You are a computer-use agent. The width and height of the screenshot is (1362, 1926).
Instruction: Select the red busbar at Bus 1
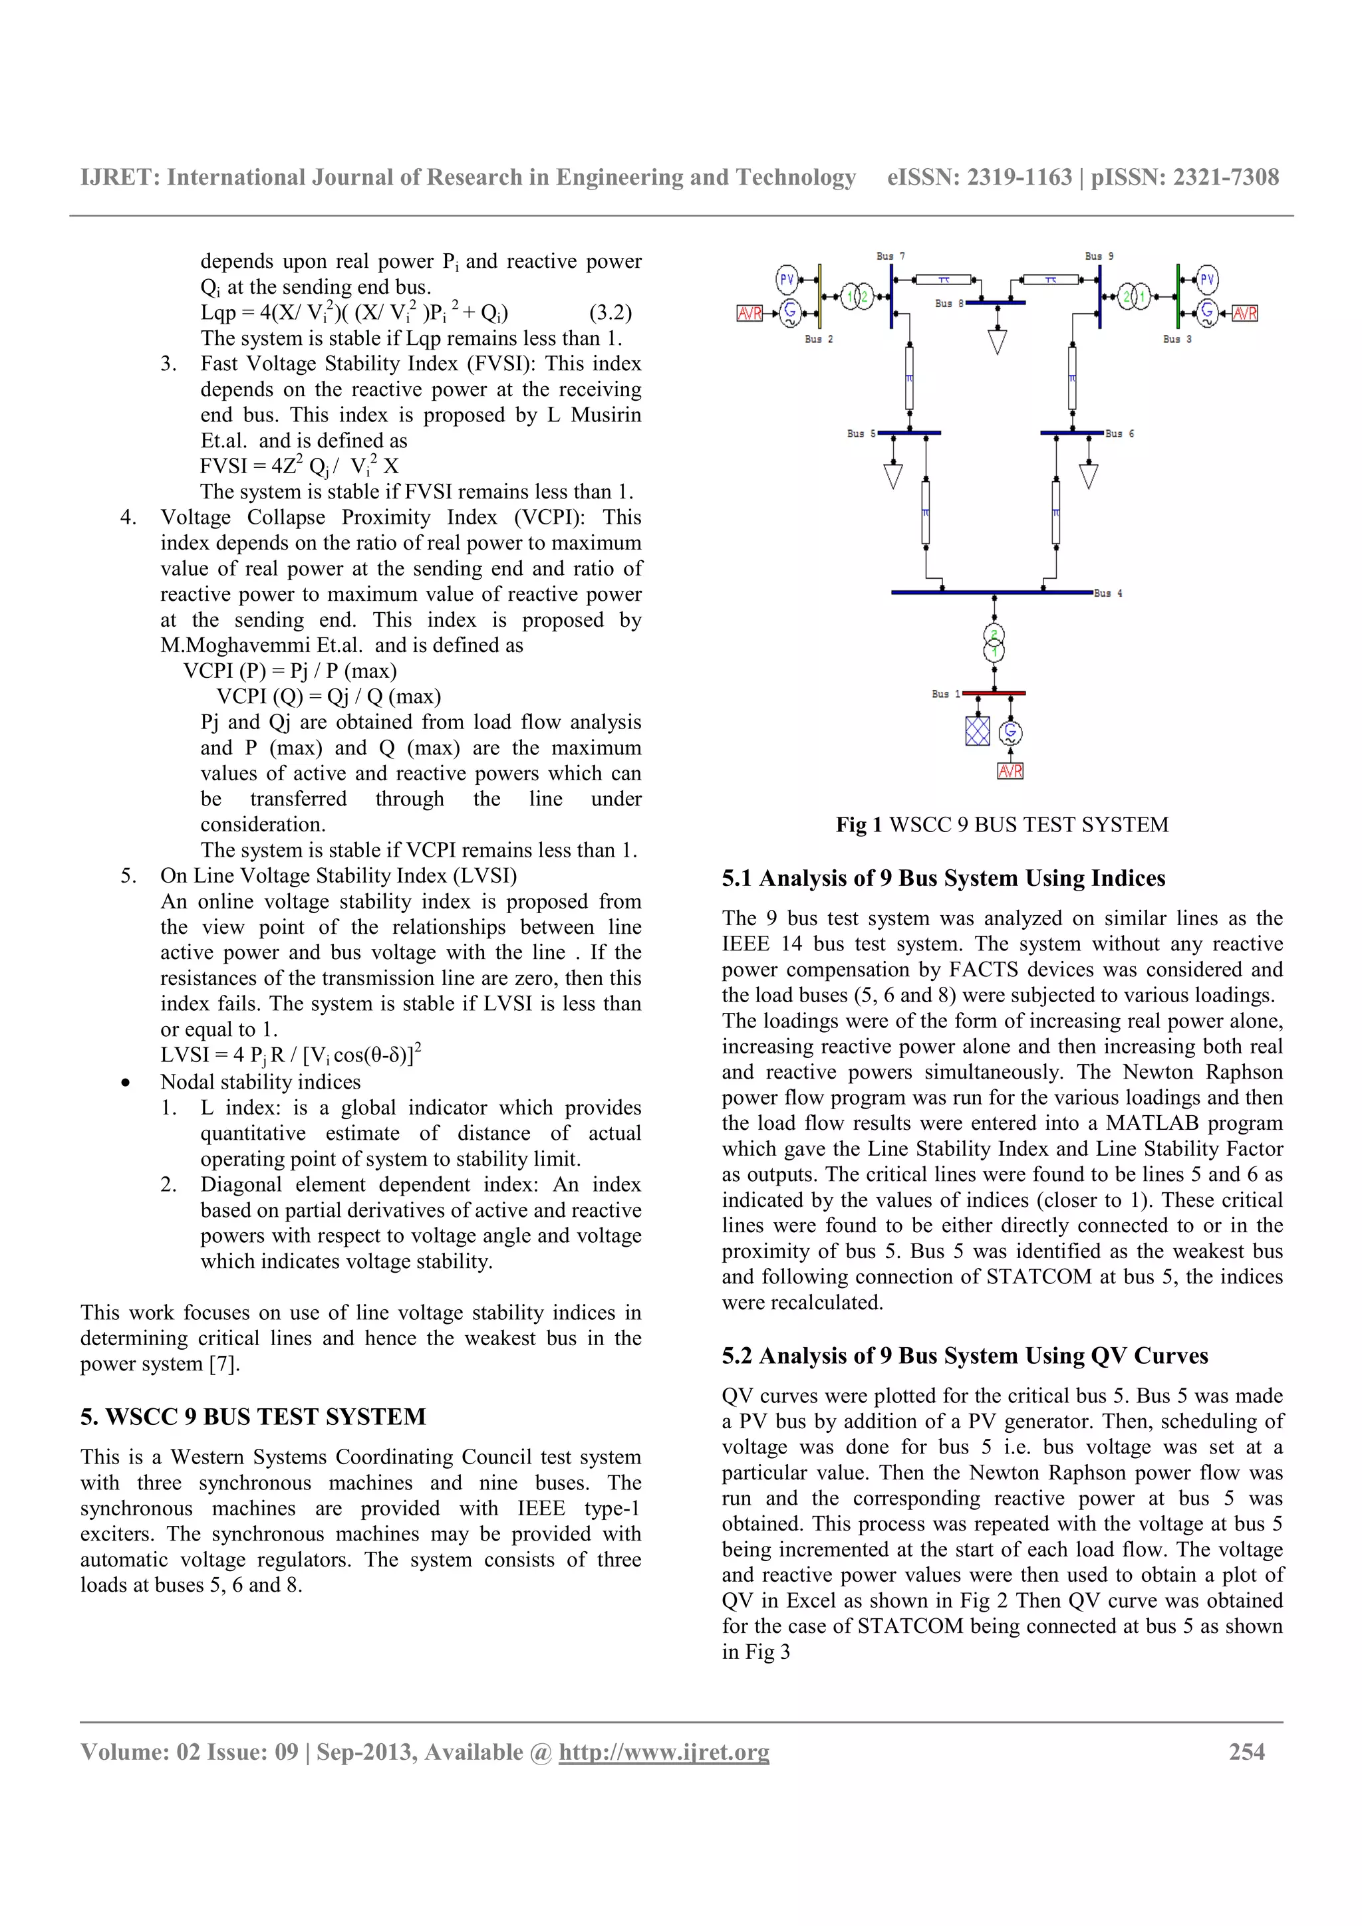[994, 694]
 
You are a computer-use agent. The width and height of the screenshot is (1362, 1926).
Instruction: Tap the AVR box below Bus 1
[1010, 771]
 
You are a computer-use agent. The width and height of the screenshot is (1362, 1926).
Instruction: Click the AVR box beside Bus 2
[749, 313]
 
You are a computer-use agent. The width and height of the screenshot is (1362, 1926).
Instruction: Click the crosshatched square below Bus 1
[978, 730]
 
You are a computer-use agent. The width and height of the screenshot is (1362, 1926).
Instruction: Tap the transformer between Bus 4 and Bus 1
[994, 643]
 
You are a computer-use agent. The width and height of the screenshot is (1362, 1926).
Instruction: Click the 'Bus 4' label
[1108, 593]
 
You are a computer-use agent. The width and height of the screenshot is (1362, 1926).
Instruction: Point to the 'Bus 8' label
[949, 304]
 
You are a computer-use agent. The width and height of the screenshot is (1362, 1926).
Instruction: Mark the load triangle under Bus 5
[893, 477]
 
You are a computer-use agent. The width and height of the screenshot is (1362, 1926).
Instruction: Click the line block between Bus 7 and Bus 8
[943, 279]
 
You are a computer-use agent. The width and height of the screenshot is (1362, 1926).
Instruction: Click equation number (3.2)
[610, 313]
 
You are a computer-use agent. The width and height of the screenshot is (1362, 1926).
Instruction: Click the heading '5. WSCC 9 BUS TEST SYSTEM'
[253, 1417]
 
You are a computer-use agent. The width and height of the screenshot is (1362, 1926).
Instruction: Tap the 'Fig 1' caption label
[858, 825]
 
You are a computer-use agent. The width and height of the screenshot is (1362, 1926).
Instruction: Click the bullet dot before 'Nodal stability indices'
[125, 1083]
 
